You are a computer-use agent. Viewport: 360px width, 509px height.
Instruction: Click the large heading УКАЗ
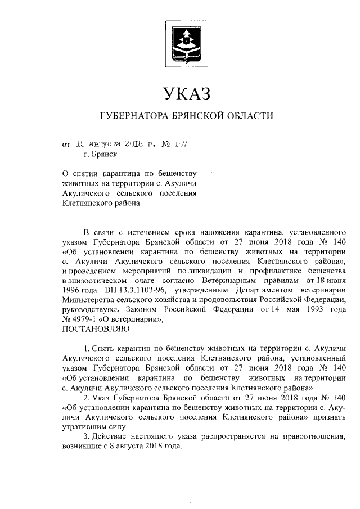(186, 92)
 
